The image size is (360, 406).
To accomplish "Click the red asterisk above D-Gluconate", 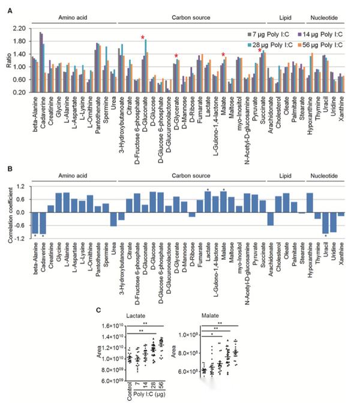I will point(143,38).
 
